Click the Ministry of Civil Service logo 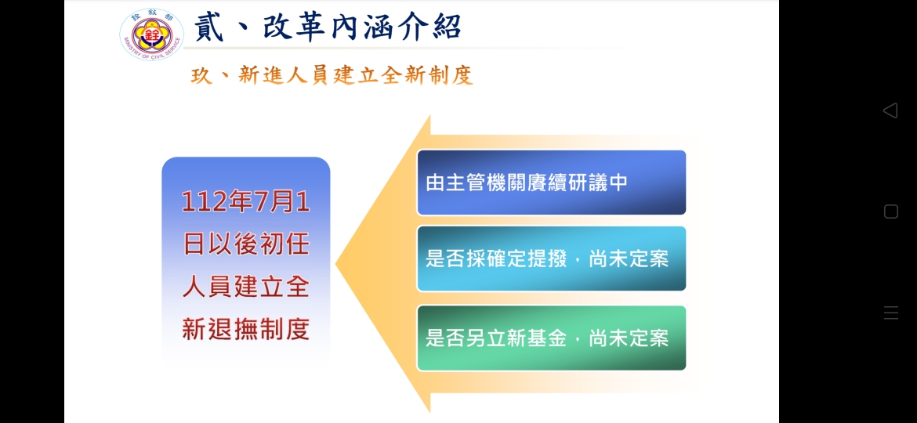[x=151, y=34]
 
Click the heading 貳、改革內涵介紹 [x=328, y=27]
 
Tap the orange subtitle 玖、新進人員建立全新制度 [x=332, y=76]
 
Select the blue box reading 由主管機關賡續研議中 [x=551, y=183]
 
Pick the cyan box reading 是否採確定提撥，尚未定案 [x=551, y=258]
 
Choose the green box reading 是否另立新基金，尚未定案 [x=551, y=338]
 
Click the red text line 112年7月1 [x=245, y=203]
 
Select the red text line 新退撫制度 [x=245, y=330]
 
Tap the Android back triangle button [x=890, y=110]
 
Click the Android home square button [x=890, y=211]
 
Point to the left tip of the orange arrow [x=335, y=264]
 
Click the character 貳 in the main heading [x=208, y=27]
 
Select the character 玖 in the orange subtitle [x=201, y=76]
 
